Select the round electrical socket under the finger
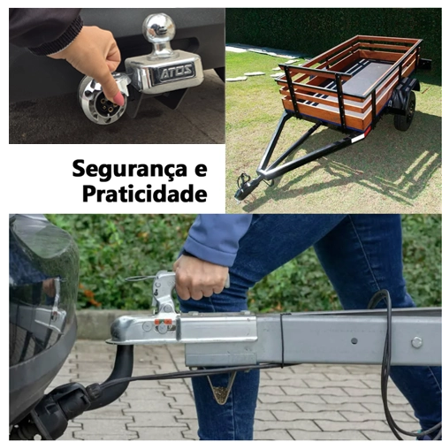coord(103,100)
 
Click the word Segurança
coord(129,170)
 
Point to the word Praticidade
coord(144,193)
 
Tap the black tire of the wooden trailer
coord(405,111)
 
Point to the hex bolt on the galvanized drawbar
coord(416,342)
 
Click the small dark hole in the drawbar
coord(354,341)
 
